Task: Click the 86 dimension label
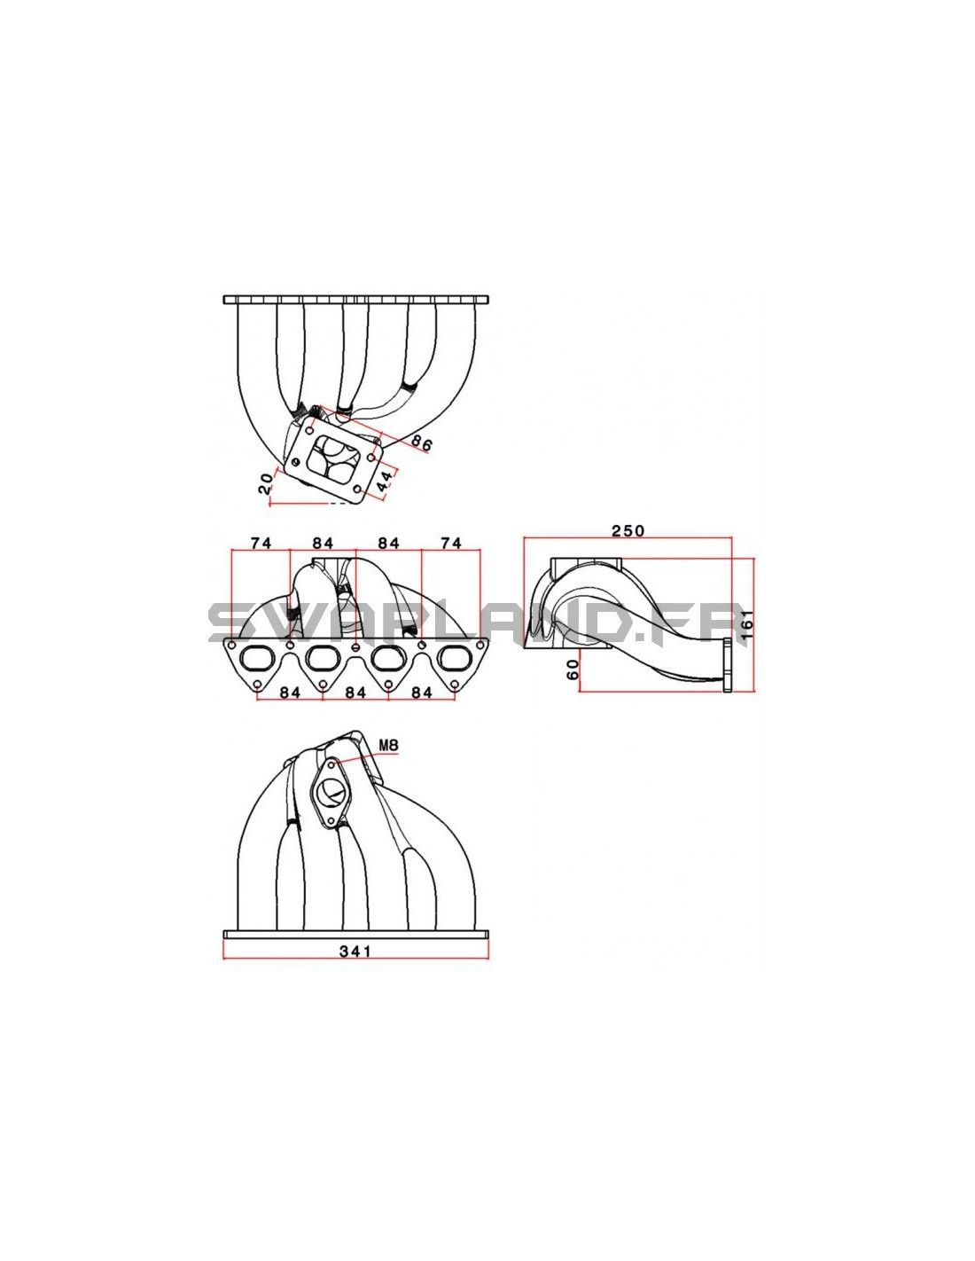[x=422, y=443]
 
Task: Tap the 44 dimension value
[x=385, y=481]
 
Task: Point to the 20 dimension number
[x=265, y=483]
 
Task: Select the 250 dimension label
[x=628, y=529]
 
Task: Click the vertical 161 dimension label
[x=747, y=624]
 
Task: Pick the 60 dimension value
[x=573, y=669]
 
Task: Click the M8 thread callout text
[x=388, y=745]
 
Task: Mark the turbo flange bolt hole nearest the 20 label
[x=296, y=462]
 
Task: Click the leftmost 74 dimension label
[x=261, y=543]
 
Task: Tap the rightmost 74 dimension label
[x=451, y=543]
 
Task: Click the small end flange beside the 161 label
[x=728, y=665]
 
